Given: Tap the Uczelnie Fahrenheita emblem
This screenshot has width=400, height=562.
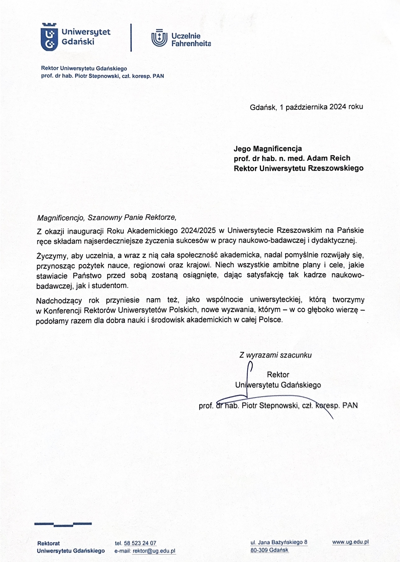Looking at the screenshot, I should click(x=159, y=38).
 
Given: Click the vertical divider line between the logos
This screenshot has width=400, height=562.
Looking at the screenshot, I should click(x=131, y=37).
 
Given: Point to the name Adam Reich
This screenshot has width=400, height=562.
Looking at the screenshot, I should click(x=328, y=158).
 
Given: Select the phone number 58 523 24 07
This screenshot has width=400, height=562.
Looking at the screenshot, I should click(x=140, y=543).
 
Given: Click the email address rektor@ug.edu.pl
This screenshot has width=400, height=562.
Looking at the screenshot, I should click(x=154, y=551).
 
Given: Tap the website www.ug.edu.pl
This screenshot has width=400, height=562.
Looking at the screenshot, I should click(x=350, y=542).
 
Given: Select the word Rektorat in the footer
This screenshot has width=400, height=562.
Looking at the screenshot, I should click(x=49, y=543).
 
